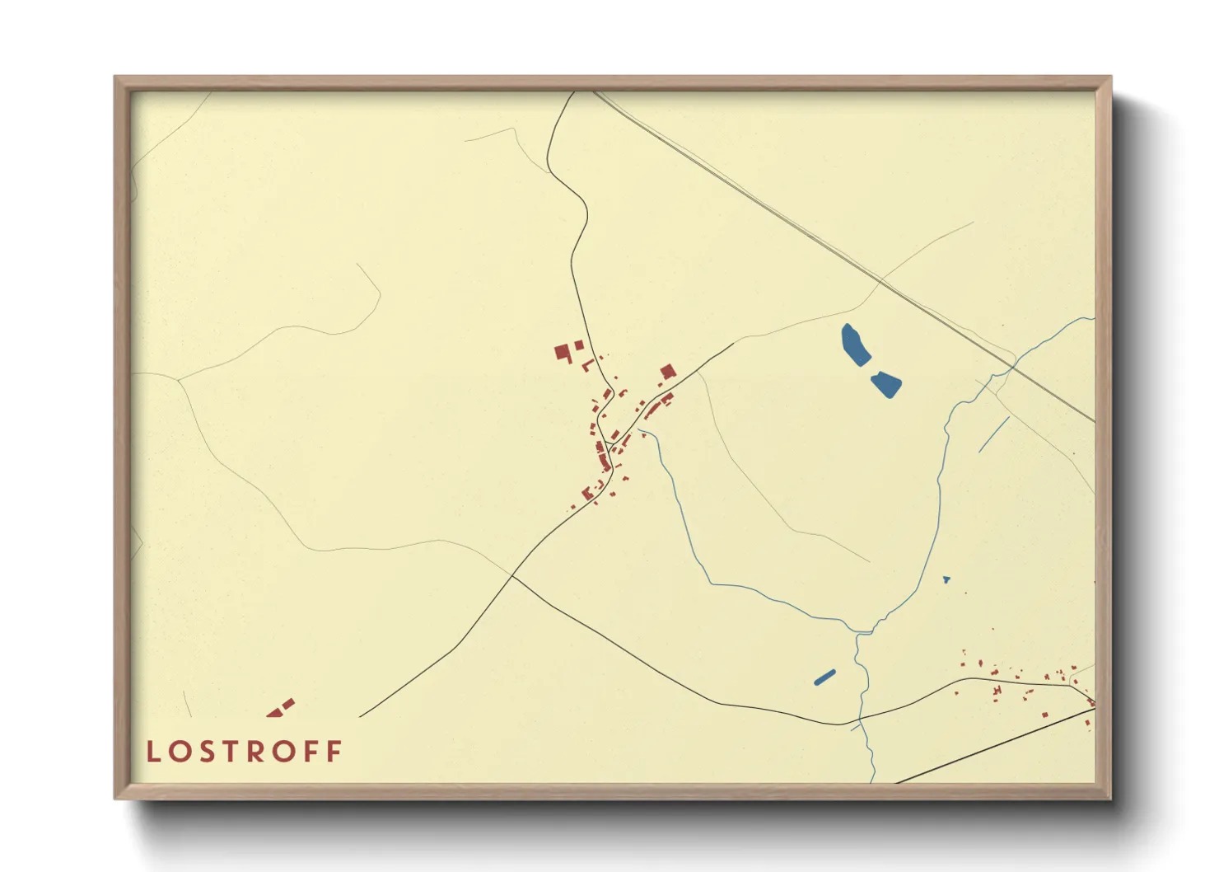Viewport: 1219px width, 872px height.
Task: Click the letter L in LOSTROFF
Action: point(152,752)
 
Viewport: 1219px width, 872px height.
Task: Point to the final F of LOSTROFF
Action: point(334,752)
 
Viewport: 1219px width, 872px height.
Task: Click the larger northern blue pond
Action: point(855,345)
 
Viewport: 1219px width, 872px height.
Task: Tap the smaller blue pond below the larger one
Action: point(886,383)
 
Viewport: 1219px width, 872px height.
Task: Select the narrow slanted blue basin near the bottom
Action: point(824,677)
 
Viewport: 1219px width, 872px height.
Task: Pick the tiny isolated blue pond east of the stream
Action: point(946,579)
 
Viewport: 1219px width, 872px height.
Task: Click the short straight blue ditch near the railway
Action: point(994,434)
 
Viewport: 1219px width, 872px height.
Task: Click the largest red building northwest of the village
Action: point(563,354)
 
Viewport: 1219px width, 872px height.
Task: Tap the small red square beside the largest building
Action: point(579,345)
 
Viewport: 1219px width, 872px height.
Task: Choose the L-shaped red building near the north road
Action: point(587,365)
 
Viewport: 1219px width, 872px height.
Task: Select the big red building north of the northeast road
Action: point(667,372)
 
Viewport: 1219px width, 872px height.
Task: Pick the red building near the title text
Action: point(281,708)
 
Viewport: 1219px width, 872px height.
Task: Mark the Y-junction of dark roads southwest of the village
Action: point(511,575)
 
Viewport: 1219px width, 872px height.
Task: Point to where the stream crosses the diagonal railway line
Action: point(1014,366)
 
